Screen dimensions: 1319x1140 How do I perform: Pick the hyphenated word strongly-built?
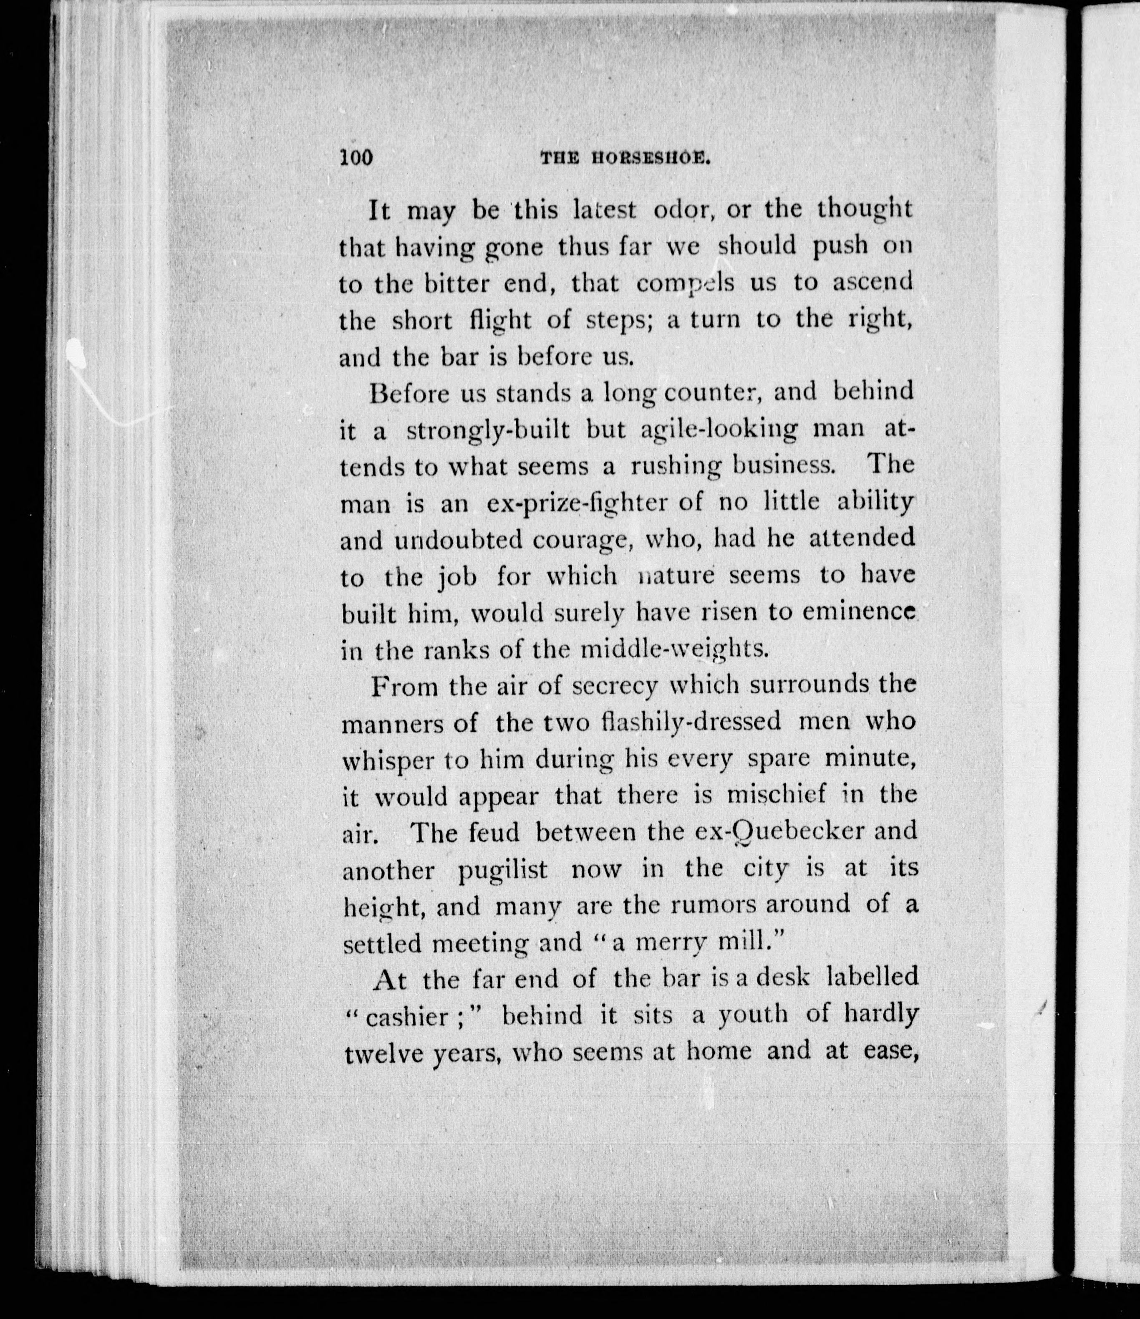[487, 431]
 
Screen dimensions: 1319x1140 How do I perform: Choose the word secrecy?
[613, 686]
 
